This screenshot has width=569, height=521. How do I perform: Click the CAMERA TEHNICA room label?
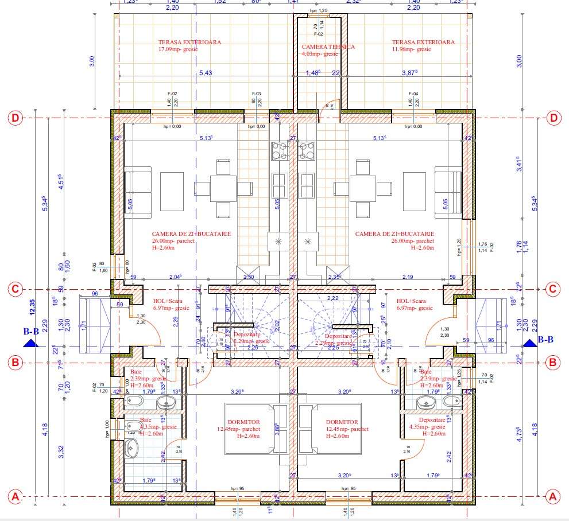tap(328, 46)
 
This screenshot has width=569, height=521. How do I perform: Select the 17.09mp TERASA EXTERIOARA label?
tap(189, 42)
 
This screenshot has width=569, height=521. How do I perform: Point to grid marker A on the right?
tap(553, 496)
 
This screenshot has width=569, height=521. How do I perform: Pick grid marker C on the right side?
tap(553, 289)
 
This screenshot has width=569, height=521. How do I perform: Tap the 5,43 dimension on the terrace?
tap(206, 73)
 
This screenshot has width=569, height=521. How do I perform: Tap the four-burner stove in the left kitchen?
tap(280, 151)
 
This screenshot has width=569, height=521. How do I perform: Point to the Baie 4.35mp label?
tap(152, 423)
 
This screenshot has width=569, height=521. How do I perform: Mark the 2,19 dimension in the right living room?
tap(408, 277)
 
